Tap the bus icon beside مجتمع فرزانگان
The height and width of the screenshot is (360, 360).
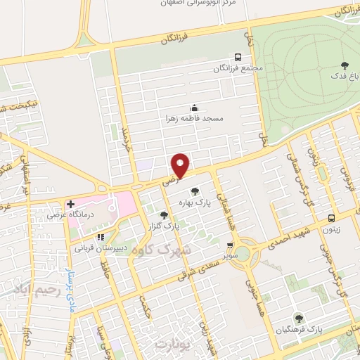pos(238,58)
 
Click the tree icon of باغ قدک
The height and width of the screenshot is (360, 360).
pos(344,65)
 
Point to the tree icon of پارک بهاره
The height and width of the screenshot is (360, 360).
pos(195,191)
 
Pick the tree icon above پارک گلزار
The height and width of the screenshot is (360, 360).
pos(164,215)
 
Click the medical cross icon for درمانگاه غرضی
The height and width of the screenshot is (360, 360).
pos(71,205)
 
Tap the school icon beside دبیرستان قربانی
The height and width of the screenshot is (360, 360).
pos(101,237)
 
